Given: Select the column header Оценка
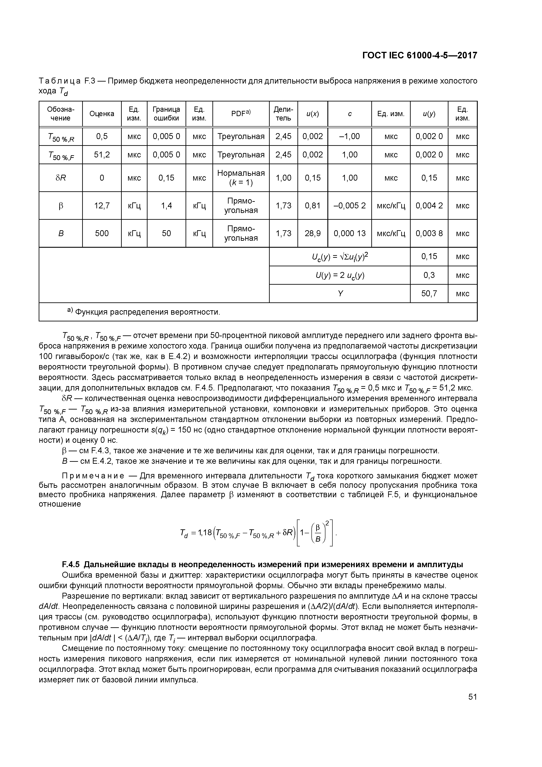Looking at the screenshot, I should (x=102, y=114).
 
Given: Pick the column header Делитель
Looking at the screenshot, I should (x=283, y=114).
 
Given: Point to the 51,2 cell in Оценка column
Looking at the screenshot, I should (x=102, y=155).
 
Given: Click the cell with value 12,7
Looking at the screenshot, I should (x=102, y=206).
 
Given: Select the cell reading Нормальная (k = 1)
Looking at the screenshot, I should (x=241, y=178).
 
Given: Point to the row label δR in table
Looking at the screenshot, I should (x=61, y=178).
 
